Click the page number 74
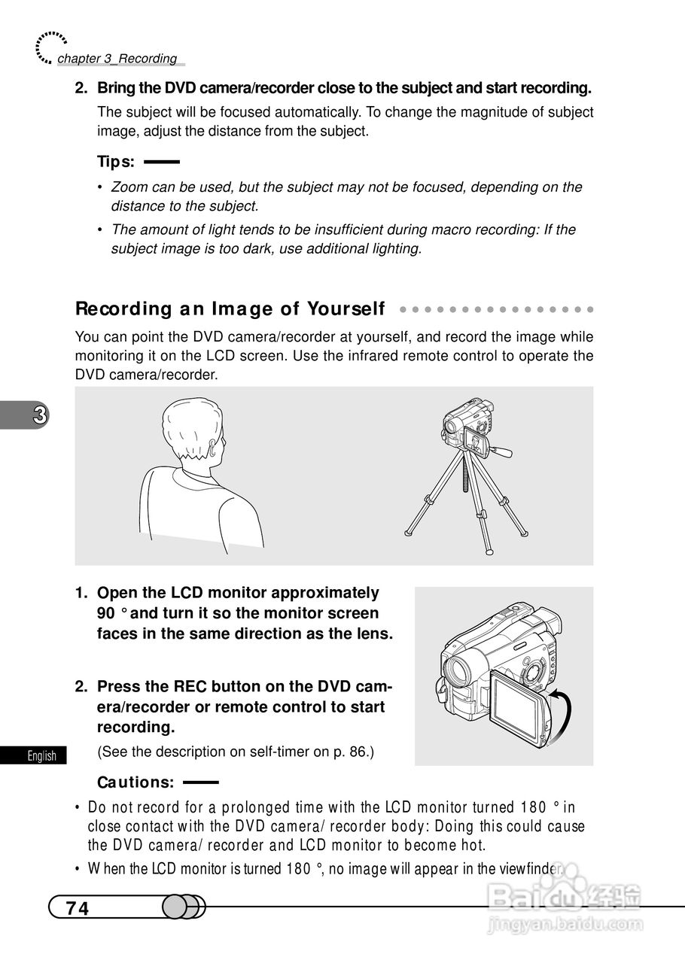78,908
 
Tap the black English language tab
33,755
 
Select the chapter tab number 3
40,415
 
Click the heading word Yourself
346,308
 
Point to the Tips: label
116,162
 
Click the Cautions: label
135,782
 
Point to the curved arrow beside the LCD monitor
565,714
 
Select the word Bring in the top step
114,88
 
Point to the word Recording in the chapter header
148,59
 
